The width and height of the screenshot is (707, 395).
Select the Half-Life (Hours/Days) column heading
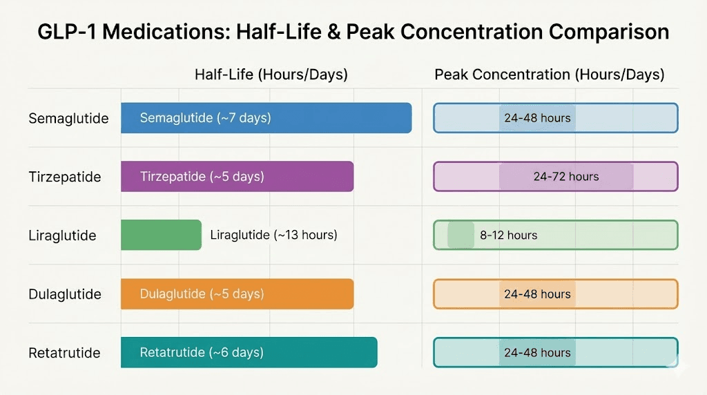pos(271,75)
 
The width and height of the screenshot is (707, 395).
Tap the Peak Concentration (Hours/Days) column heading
pos(549,75)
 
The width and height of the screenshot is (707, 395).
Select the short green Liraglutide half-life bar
pos(161,235)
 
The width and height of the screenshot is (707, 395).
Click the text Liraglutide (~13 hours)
pos(273,235)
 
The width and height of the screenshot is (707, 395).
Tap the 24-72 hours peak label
pos(566,177)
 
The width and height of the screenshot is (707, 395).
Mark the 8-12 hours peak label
pos(508,235)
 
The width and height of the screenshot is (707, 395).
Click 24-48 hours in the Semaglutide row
pos(537,118)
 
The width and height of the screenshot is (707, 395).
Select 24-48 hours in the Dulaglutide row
pos(537,294)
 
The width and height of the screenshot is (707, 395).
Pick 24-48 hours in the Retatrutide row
pos(537,353)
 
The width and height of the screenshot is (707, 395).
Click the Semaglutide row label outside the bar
pos(68,119)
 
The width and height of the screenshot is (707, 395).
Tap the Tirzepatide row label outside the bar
pos(65,177)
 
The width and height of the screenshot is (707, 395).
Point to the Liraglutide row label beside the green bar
pos(62,236)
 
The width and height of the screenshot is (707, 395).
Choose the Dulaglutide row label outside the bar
pos(65,295)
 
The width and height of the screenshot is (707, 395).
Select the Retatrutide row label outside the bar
pos(64,354)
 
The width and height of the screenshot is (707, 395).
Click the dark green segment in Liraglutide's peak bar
pos(461,235)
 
